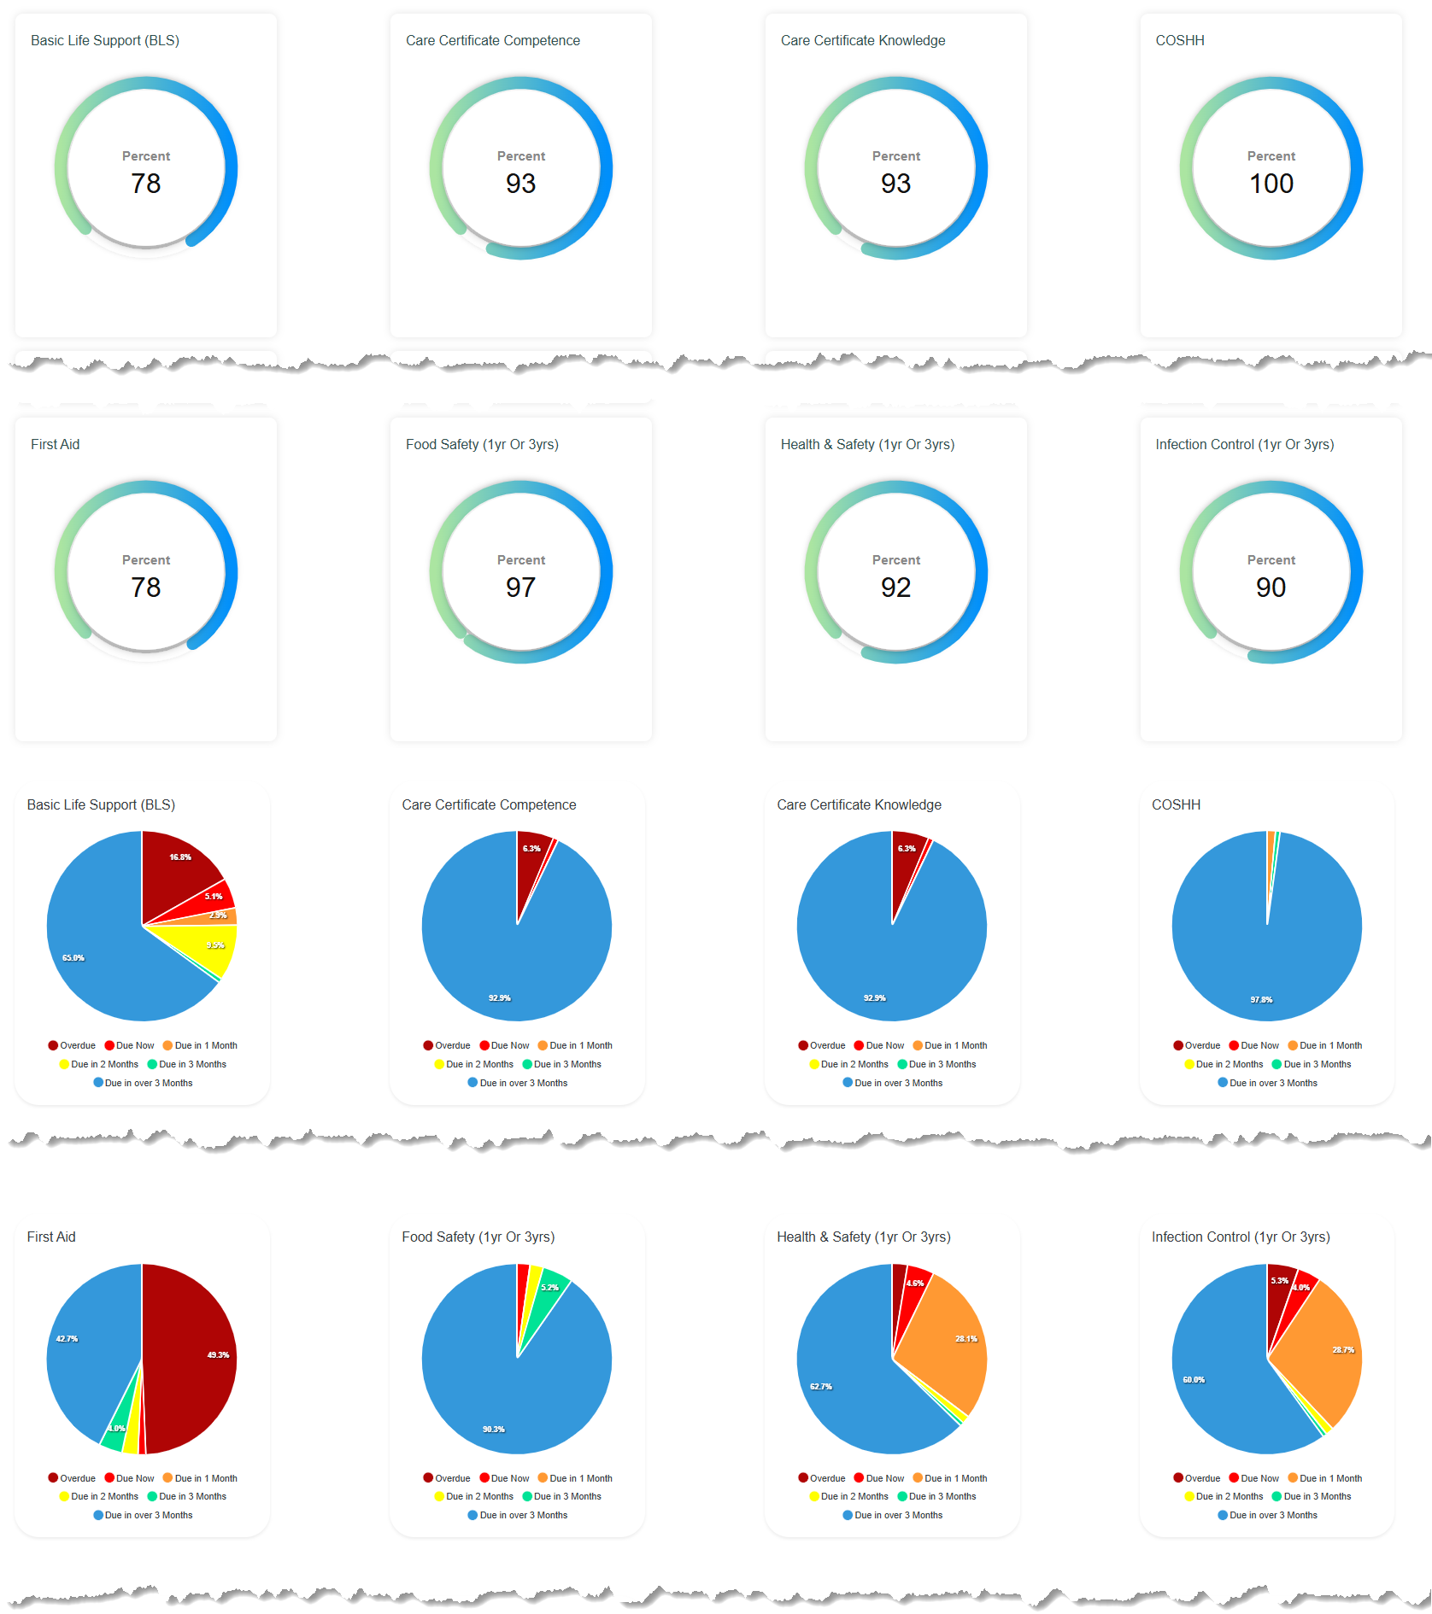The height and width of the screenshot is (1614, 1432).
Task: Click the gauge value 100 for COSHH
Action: (x=1271, y=184)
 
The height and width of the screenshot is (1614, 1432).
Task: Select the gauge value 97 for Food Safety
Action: (x=520, y=588)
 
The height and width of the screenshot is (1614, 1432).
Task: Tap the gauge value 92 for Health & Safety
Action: (x=895, y=588)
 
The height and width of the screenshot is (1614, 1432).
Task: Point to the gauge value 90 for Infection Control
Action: (x=1271, y=588)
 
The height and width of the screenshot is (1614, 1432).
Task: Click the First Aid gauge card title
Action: (x=55, y=444)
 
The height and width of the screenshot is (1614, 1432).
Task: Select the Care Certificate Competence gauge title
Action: (x=492, y=40)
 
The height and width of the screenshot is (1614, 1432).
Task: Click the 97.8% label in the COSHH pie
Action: (x=1261, y=999)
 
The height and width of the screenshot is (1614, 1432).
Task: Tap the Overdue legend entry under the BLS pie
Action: (x=72, y=1045)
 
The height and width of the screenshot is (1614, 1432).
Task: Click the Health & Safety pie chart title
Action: (x=863, y=1237)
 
